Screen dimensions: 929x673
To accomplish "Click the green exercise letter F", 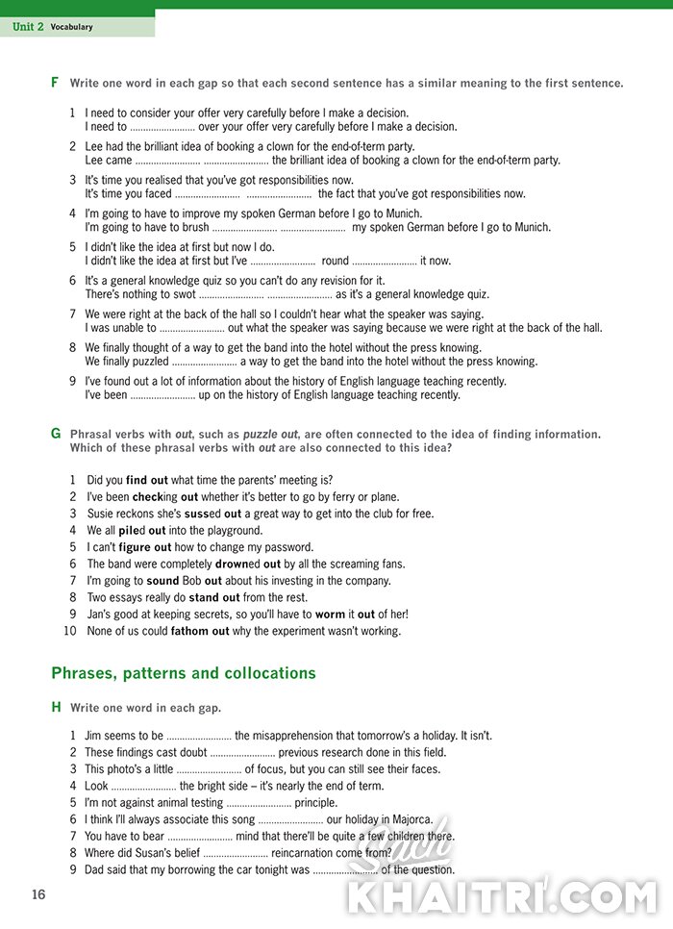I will tap(55, 83).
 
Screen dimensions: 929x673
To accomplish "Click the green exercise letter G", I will tap(56, 434).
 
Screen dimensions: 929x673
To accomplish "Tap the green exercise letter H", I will tap(56, 707).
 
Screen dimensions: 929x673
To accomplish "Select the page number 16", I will tap(37, 894).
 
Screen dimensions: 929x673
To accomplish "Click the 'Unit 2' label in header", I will tap(28, 27).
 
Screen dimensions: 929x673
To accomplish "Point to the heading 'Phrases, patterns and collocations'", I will tap(184, 673).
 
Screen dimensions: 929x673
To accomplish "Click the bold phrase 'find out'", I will tap(148, 480).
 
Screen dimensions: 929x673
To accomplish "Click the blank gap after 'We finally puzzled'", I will tap(204, 363).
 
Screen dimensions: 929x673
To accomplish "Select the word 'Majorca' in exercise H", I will tap(411, 819).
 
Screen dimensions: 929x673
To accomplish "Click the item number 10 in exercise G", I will tap(69, 631).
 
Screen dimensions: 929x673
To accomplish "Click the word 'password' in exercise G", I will tap(290, 547).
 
